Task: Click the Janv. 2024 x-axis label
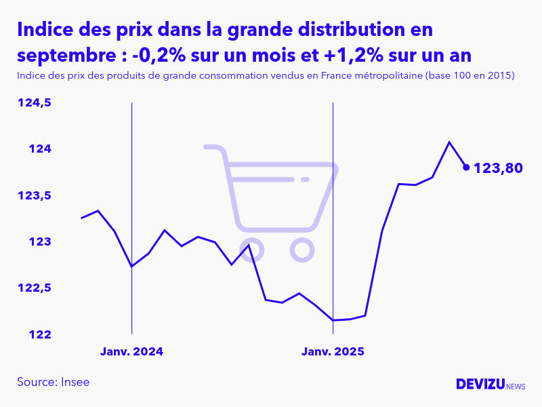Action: [132, 352]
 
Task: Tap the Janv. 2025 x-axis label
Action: [333, 352]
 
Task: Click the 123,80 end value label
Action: [498, 168]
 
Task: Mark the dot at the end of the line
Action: [466, 167]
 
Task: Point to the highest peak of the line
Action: [449, 142]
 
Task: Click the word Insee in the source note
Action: [75, 382]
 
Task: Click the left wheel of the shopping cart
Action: [251, 250]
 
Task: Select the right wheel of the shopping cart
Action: [302, 250]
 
